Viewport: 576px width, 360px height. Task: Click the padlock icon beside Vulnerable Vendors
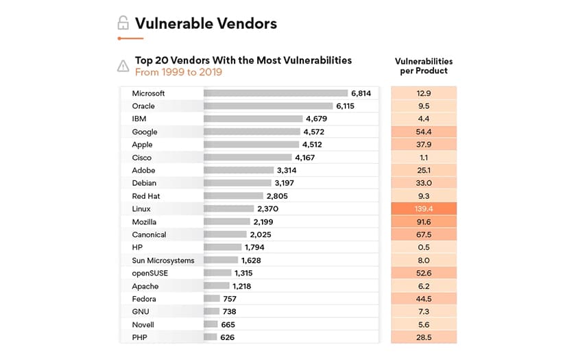pyautogui.click(x=123, y=23)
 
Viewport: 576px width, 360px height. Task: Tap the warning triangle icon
pyautogui.click(x=123, y=66)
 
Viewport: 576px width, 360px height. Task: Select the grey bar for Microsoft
pyautogui.click(x=275, y=93)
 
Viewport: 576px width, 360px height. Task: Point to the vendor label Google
pyautogui.click(x=145, y=132)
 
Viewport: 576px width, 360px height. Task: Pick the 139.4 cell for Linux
pyautogui.click(x=424, y=208)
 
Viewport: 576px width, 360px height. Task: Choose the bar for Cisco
pyautogui.click(x=248, y=158)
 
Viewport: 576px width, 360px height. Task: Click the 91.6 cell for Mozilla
pyautogui.click(x=424, y=221)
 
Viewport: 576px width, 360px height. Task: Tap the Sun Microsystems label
pyautogui.click(x=163, y=261)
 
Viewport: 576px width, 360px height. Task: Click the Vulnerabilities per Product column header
pyautogui.click(x=424, y=66)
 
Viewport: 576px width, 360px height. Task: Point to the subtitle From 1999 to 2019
pyautogui.click(x=178, y=72)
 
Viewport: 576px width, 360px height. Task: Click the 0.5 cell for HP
pyautogui.click(x=424, y=248)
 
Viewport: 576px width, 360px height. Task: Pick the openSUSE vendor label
pyautogui.click(x=149, y=273)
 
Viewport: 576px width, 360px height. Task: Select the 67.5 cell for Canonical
pyautogui.click(x=424, y=235)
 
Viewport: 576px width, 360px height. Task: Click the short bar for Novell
pyautogui.click(x=211, y=324)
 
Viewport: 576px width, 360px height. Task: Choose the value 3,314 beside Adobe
pyautogui.click(x=287, y=170)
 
